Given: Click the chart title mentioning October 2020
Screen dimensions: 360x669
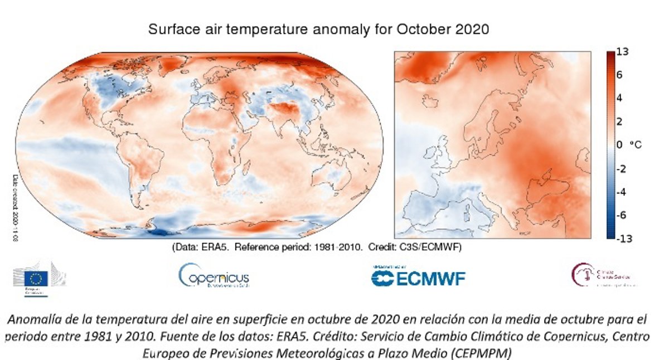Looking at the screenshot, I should tap(318, 30).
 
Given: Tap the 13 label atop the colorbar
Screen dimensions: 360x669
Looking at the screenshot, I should tap(623, 52).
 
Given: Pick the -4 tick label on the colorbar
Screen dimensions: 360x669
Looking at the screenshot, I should tap(622, 192).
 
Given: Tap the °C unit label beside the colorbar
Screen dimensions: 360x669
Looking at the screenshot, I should tap(636, 145).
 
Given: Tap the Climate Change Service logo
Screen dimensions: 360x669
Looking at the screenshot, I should tap(605, 275).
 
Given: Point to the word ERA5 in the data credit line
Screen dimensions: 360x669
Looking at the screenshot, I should tap(222, 246).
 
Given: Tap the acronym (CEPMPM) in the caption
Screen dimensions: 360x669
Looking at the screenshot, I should tap(481, 353).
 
